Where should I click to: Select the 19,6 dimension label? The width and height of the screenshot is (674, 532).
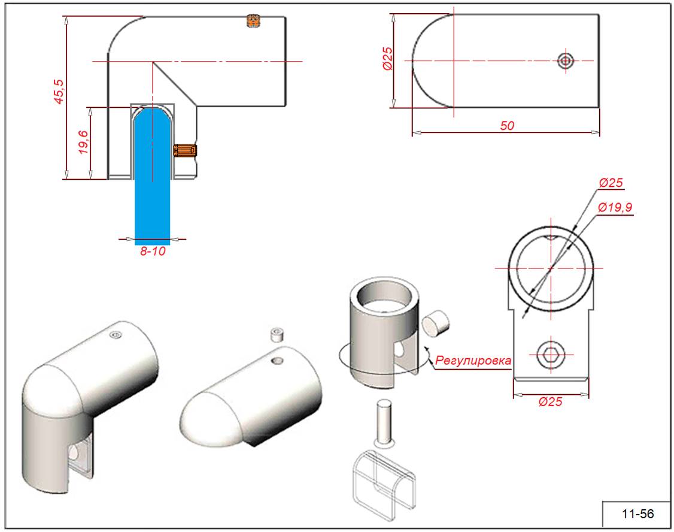coord(83,143)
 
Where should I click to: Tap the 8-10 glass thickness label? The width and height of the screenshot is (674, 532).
coord(152,252)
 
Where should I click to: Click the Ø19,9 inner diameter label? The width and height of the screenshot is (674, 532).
coord(615,207)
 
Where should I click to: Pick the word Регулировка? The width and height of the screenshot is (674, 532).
coord(473,361)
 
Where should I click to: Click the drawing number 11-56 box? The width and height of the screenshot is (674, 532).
coord(637,514)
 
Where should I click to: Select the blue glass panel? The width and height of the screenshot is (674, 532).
coord(152,180)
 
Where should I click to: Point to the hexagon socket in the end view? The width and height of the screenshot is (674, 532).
coord(550,356)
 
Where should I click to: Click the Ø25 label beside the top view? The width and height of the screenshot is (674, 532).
coord(387,59)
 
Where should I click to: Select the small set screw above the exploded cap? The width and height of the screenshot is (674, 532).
coord(277,334)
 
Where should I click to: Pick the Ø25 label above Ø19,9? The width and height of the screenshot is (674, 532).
coord(612,182)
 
